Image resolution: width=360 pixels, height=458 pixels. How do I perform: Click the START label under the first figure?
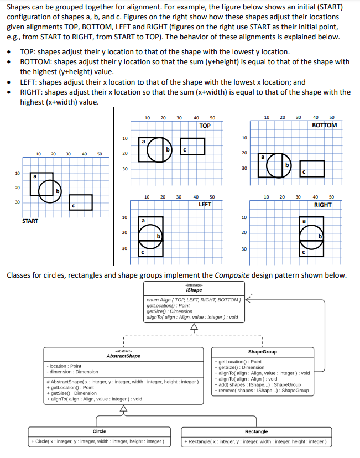[x=30, y=221]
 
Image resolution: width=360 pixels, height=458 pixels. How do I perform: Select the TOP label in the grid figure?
[x=205, y=126]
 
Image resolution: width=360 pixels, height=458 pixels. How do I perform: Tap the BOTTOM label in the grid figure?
[x=324, y=125]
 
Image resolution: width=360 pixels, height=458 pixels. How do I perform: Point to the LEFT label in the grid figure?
[x=205, y=204]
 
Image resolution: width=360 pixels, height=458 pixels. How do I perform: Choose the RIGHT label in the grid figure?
[x=322, y=204]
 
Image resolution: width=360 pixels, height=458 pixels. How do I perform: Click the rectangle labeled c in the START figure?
[x=81, y=202]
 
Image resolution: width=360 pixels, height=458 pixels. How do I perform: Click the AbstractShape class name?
[x=123, y=356]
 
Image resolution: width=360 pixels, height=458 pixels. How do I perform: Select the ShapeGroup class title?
[x=262, y=352]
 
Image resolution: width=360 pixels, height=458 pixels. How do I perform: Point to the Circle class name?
[x=99, y=431]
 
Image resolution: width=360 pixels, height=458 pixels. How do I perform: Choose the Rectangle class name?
[x=256, y=431]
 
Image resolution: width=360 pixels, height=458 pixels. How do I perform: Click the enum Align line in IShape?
[x=194, y=299]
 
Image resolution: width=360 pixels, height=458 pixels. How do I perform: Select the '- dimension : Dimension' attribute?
[x=74, y=372]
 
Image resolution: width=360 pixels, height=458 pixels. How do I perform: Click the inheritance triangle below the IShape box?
[x=194, y=326]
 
